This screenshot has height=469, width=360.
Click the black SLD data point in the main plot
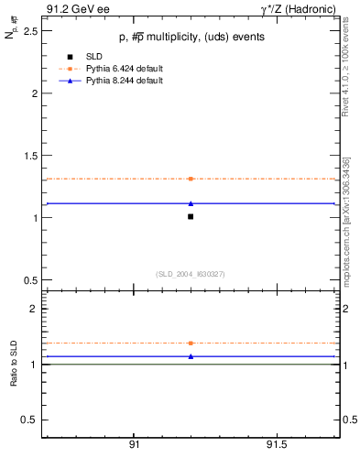[x=191, y=217]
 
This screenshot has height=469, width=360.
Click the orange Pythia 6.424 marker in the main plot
[x=191, y=179]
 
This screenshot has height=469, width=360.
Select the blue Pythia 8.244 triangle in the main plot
[x=191, y=203]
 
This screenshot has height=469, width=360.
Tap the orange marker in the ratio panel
[x=191, y=343]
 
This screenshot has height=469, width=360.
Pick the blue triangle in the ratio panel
[x=191, y=356]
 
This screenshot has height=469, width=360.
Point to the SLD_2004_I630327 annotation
[x=191, y=274]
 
